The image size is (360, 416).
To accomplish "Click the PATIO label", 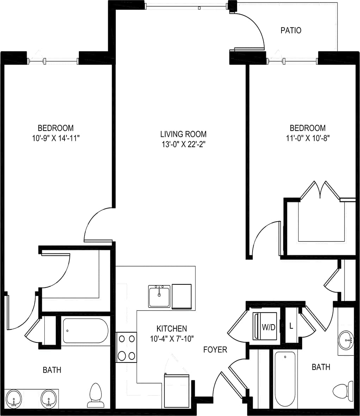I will [291, 31].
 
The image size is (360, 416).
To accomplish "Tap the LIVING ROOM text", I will [183, 134].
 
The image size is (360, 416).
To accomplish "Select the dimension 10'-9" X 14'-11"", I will [56, 138].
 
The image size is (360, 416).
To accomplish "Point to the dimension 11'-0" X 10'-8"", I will [308, 138].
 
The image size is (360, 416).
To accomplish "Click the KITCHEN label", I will [172, 329].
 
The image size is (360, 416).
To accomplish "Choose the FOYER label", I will [215, 349].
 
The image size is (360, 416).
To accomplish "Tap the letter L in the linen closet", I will [291, 326].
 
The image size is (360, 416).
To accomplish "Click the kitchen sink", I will [159, 297].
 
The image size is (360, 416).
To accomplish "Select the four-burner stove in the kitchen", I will [126, 347].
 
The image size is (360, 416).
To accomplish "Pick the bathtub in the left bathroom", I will [85, 331].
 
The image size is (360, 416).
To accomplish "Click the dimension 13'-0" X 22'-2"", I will [183, 144].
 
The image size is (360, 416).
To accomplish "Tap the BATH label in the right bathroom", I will [321, 367].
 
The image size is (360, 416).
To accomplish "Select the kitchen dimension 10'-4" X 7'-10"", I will [172, 339].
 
